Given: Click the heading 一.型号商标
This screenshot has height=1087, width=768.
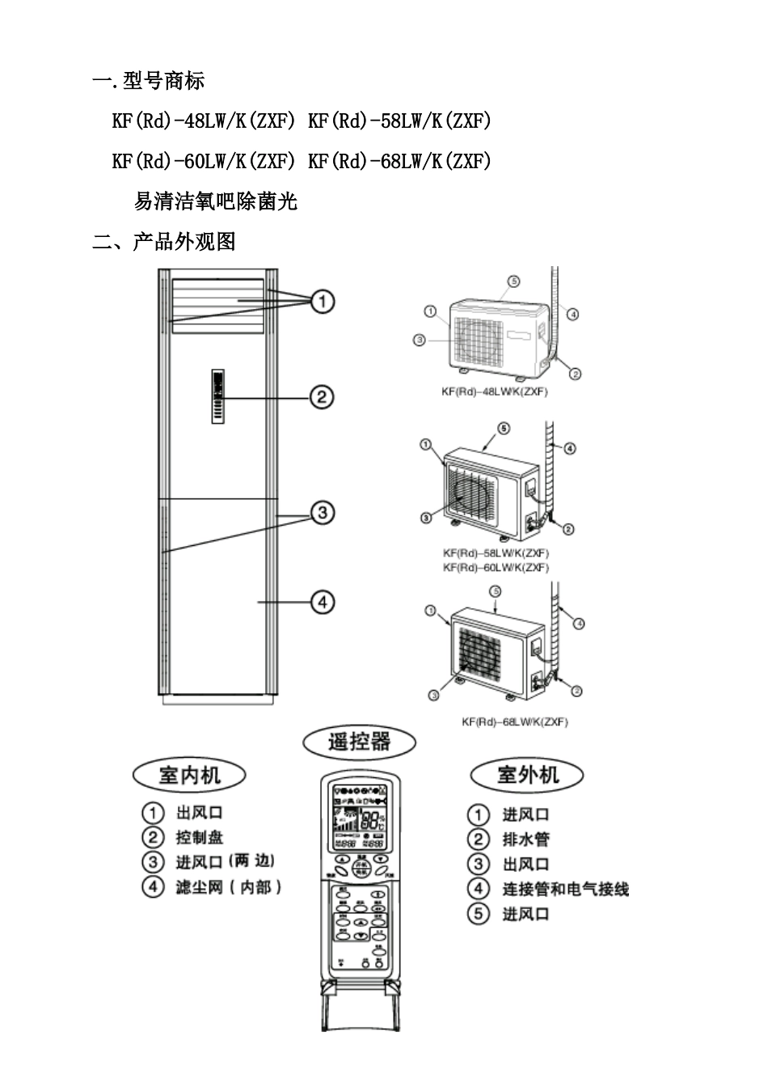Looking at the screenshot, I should (x=149, y=81).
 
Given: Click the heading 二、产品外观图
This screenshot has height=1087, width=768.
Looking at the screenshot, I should (x=164, y=241).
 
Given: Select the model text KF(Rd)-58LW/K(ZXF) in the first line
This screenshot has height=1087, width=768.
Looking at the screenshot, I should (x=399, y=121).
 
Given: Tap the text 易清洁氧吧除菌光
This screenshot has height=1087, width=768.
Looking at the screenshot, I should (x=216, y=201).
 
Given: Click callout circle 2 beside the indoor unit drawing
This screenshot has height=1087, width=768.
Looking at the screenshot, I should (x=321, y=397).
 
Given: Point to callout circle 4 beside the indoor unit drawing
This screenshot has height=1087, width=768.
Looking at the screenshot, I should (x=321, y=602).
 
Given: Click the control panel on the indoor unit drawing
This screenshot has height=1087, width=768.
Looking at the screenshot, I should (x=218, y=396).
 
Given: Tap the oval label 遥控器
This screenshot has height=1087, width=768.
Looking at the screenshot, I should (x=360, y=741).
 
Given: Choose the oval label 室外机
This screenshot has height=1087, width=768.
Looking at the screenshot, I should (x=527, y=775).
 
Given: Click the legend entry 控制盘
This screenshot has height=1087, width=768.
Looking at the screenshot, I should (x=200, y=837).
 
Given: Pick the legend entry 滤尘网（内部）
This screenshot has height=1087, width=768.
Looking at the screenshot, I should (x=229, y=887).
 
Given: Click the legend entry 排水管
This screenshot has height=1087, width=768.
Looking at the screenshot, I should (x=525, y=840).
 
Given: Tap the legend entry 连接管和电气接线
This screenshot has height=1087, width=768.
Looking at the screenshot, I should (x=565, y=889).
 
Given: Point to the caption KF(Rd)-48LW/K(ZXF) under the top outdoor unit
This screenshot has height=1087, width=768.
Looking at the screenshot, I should (x=495, y=392).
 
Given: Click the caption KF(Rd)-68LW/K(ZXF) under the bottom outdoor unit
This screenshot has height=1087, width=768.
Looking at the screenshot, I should (x=514, y=721).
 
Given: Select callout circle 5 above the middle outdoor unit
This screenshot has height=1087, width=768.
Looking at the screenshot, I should (x=503, y=428).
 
